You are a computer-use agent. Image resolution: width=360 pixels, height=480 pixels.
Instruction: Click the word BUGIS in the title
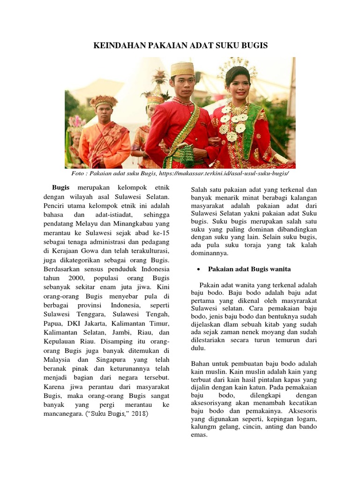251,45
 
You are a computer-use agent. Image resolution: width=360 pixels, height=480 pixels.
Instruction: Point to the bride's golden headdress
237,67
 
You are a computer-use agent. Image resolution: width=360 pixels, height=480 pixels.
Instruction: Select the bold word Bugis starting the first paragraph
61,187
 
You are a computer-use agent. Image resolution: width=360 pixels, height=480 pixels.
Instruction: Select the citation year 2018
139,414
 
